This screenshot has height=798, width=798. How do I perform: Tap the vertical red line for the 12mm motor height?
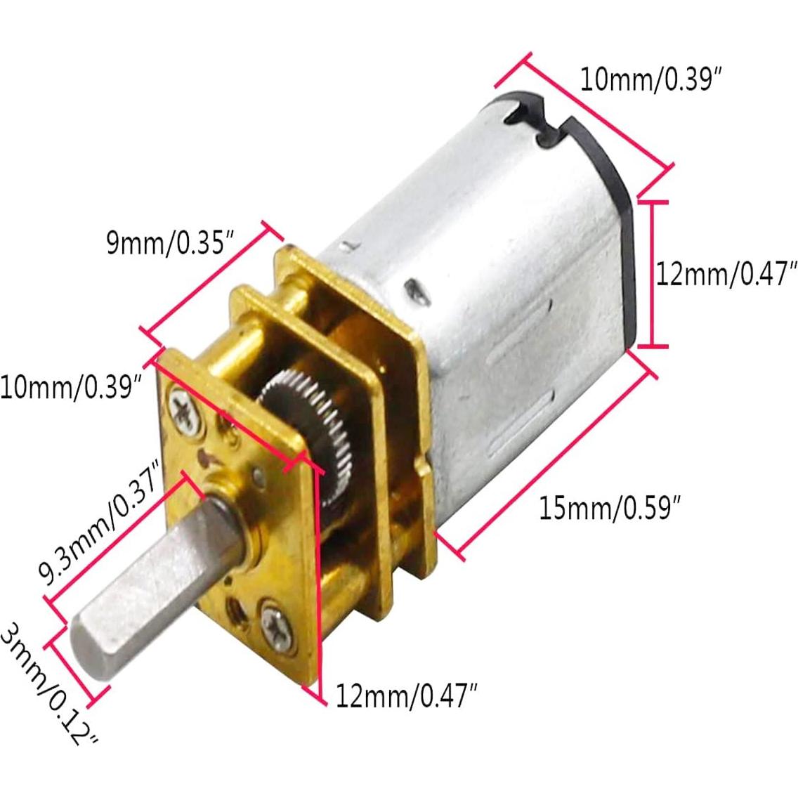click(653, 273)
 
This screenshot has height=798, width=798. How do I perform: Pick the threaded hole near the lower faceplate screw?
click(233, 603)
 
